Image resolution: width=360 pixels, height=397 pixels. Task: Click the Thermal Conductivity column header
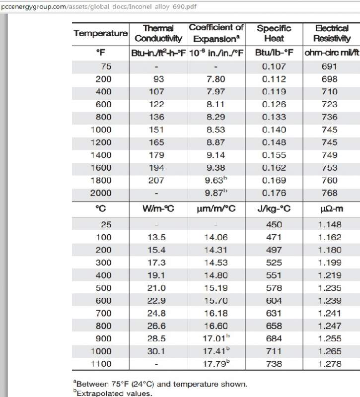(x=158, y=33)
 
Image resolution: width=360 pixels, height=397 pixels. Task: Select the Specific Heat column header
(x=274, y=33)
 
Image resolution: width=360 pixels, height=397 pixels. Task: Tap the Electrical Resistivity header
(x=332, y=33)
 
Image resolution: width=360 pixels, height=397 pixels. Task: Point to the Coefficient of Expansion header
(x=216, y=33)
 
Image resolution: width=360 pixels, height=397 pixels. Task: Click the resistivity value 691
(x=329, y=66)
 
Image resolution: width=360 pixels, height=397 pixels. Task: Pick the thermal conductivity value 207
(x=156, y=180)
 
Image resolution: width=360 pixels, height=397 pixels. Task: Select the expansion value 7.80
(x=215, y=79)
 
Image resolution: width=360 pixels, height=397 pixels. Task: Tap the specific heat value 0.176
(x=274, y=193)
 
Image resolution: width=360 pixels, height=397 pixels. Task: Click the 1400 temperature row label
(x=101, y=155)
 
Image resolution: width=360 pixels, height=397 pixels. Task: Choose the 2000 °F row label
(x=101, y=193)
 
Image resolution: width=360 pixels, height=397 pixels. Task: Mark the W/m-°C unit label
(x=157, y=209)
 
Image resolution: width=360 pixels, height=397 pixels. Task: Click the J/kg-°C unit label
(x=274, y=209)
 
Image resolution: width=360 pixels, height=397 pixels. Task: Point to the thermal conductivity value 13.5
(x=157, y=237)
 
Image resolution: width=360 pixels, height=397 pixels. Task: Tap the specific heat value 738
(x=274, y=364)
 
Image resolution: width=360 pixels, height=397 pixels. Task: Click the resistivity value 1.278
(x=330, y=364)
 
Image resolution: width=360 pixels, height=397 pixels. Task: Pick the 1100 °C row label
(x=101, y=364)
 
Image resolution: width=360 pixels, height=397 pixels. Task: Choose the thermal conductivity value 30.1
(x=157, y=351)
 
